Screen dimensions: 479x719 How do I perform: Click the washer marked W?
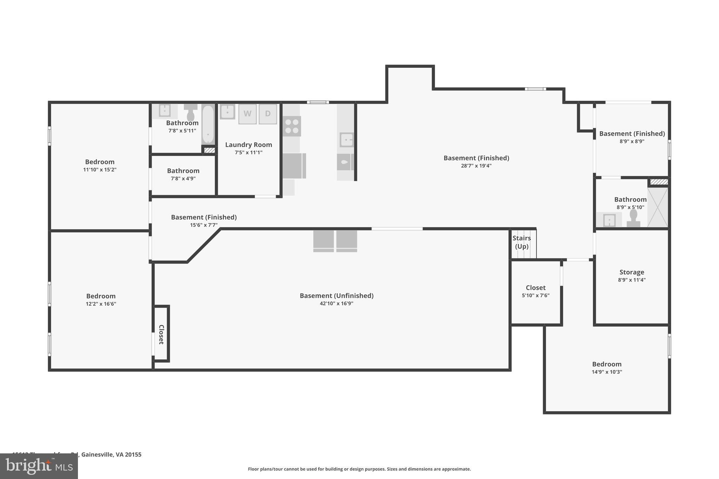pos(248,114)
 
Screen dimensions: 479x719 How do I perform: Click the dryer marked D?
pos(268,114)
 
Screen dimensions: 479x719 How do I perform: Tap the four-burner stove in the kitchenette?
pos(292,126)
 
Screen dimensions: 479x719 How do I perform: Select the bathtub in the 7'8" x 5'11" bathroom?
pos(208,125)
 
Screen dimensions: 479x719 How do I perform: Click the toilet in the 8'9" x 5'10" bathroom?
pos(633,218)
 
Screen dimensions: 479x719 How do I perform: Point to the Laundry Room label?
pos(249,145)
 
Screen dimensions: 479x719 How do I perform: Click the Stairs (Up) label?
pos(522,242)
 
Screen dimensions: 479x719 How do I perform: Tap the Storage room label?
pos(632,272)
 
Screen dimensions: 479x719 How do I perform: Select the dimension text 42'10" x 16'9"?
pos(336,304)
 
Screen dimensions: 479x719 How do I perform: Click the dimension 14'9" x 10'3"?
pos(607,372)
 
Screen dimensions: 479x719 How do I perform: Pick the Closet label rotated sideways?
pos(161,334)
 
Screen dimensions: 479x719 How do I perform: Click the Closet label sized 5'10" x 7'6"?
pos(535,288)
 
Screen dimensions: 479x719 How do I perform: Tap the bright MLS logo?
pos(39,466)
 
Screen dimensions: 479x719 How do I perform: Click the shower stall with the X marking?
pos(658,207)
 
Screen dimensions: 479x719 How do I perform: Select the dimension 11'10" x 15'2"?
pos(100,170)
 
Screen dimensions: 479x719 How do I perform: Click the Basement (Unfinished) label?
pos(336,295)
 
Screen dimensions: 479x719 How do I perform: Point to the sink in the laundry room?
pos(227,112)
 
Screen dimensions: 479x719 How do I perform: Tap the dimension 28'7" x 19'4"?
pos(476,166)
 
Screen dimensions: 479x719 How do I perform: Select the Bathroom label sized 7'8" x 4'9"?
pos(183,171)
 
